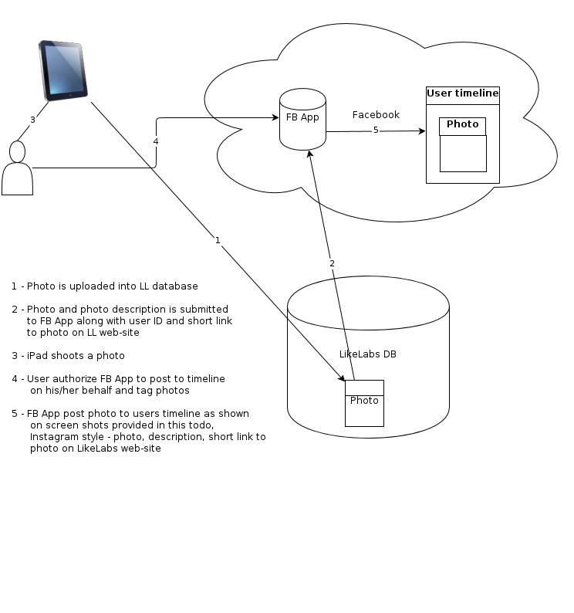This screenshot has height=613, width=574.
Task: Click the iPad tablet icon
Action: pyautogui.click(x=65, y=69)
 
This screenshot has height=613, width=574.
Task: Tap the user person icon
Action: pyautogui.click(x=17, y=169)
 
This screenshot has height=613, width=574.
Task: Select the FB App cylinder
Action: pyautogui.click(x=302, y=119)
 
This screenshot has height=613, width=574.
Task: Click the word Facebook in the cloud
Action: pyautogui.click(x=376, y=115)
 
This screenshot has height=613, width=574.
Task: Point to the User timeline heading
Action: pyautogui.click(x=463, y=94)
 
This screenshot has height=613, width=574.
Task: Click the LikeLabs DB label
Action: pyautogui.click(x=368, y=354)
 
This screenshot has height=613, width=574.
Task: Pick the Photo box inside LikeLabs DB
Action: pyautogui.click(x=364, y=402)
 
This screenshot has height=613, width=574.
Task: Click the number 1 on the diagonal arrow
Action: pyautogui.click(x=218, y=240)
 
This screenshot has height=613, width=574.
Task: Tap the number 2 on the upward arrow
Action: pyautogui.click(x=332, y=263)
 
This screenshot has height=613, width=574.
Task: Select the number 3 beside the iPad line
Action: pyautogui.click(x=32, y=120)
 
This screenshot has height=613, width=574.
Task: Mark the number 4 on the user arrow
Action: pyautogui.click(x=156, y=141)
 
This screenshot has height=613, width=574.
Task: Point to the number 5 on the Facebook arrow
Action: pyautogui.click(x=376, y=130)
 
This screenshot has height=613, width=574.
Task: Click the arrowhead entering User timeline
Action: pyautogui.click(x=422, y=131)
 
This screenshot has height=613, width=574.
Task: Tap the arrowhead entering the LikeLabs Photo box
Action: pyautogui.click(x=342, y=378)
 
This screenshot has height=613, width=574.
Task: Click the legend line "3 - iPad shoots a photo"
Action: pyautogui.click(x=68, y=356)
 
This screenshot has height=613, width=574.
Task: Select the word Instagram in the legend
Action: pyautogui.click(x=54, y=437)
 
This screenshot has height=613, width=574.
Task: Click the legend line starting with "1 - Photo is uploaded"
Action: pyautogui.click(x=104, y=286)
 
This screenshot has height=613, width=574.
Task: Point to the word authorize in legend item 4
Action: pyautogui.click(x=79, y=379)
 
